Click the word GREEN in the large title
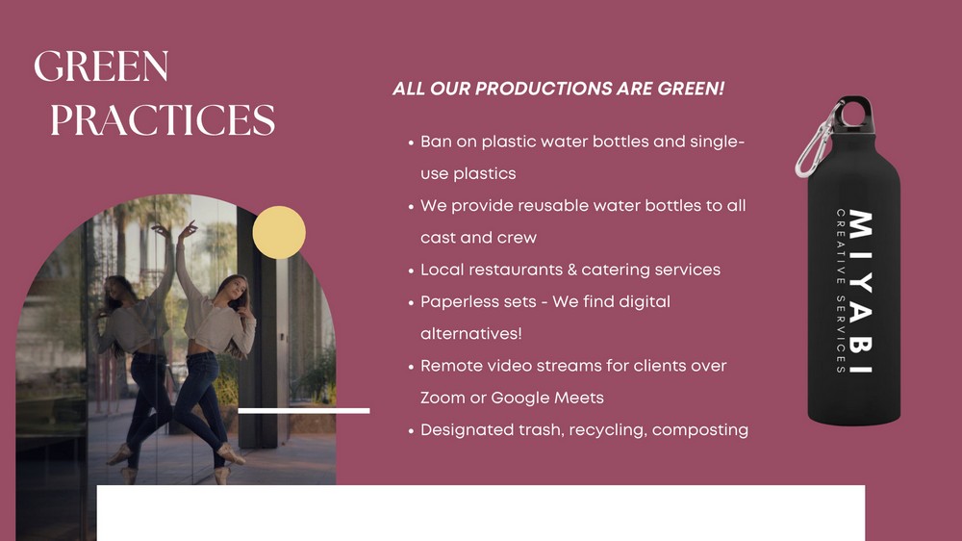coord(101,65)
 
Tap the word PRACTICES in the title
coord(163,119)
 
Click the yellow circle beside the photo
coord(279,232)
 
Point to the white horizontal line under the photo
coord(304,411)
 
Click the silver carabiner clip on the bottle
coord(817,140)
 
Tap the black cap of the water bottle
coord(854,114)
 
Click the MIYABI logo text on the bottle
coord(861,292)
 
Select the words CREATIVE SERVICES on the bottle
coord(841,291)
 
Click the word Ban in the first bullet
coord(436,142)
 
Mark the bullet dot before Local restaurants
coord(411,270)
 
